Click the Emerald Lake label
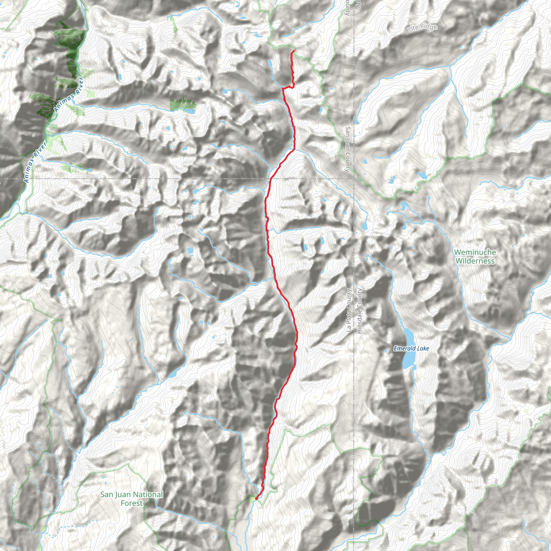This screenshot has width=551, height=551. pyautogui.click(x=411, y=348)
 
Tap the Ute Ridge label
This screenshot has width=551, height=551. pyautogui.click(x=422, y=27)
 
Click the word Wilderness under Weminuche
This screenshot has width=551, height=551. pyautogui.click(x=475, y=261)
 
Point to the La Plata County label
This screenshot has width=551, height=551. pyautogui.click(x=348, y=310)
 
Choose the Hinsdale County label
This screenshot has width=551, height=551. pyautogui.click(x=359, y=310)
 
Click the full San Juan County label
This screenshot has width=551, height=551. pyautogui.click(x=347, y=149)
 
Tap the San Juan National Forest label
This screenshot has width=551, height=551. pyautogui.click(x=132, y=499)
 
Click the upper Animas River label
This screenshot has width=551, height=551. pyautogui.click(x=69, y=94)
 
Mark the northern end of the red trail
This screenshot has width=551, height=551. pyautogui.click(x=294, y=51)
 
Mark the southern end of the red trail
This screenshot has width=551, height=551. pyautogui.click(x=256, y=499)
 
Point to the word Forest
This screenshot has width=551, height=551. pyautogui.click(x=132, y=503)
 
